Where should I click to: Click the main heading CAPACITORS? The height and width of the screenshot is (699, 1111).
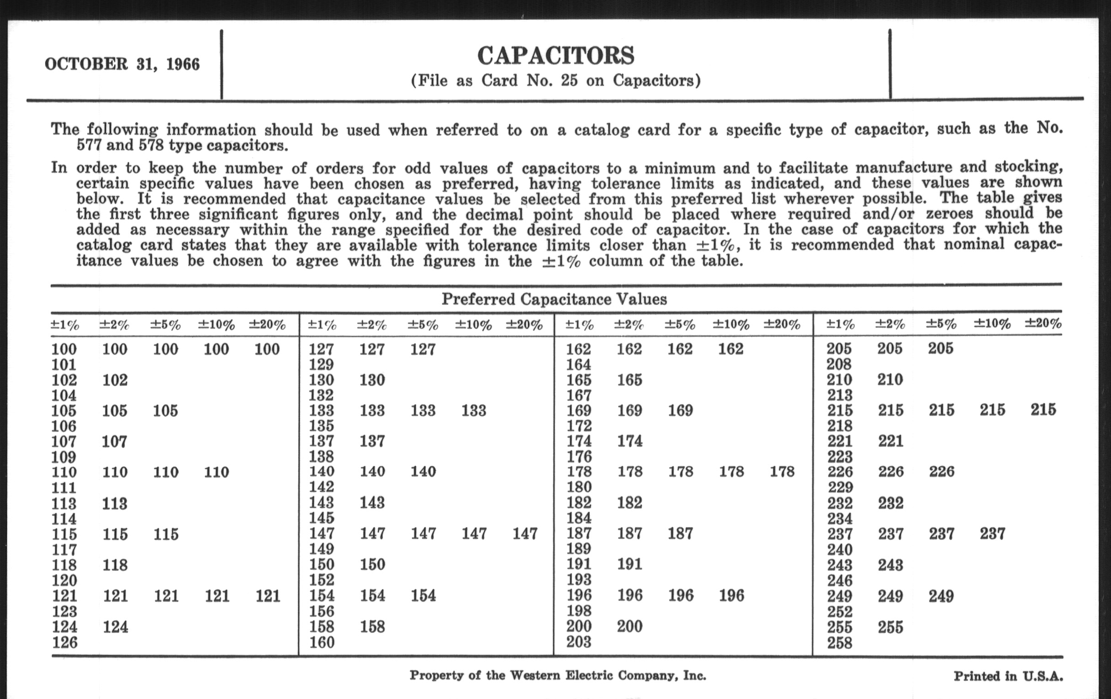pyautogui.click(x=555, y=56)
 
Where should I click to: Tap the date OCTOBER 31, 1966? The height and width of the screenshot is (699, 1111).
pyautogui.click(x=122, y=64)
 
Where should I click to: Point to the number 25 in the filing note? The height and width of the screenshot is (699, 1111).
pyautogui.click(x=569, y=81)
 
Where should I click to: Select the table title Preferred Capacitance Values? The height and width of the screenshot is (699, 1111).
pyautogui.click(x=554, y=299)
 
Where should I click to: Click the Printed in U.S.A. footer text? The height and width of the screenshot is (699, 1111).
pyautogui.click(x=1008, y=677)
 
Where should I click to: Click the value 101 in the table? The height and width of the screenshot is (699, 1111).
pyautogui.click(x=63, y=365)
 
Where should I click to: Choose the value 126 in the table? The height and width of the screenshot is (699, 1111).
pyautogui.click(x=64, y=642)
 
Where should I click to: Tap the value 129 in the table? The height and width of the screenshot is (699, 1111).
pyautogui.click(x=321, y=365)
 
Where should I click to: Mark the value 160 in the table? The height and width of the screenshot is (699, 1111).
pyautogui.click(x=321, y=642)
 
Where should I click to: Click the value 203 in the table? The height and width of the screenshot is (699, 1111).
pyautogui.click(x=578, y=642)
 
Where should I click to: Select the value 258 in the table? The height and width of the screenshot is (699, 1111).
pyautogui.click(x=839, y=643)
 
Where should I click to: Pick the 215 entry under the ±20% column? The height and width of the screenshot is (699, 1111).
pyautogui.click(x=1043, y=410)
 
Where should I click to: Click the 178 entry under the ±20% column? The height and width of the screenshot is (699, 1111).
pyautogui.click(x=782, y=471)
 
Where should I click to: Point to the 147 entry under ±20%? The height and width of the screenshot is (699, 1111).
pyautogui.click(x=525, y=534)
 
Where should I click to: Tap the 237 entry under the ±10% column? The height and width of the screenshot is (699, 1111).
pyautogui.click(x=992, y=534)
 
